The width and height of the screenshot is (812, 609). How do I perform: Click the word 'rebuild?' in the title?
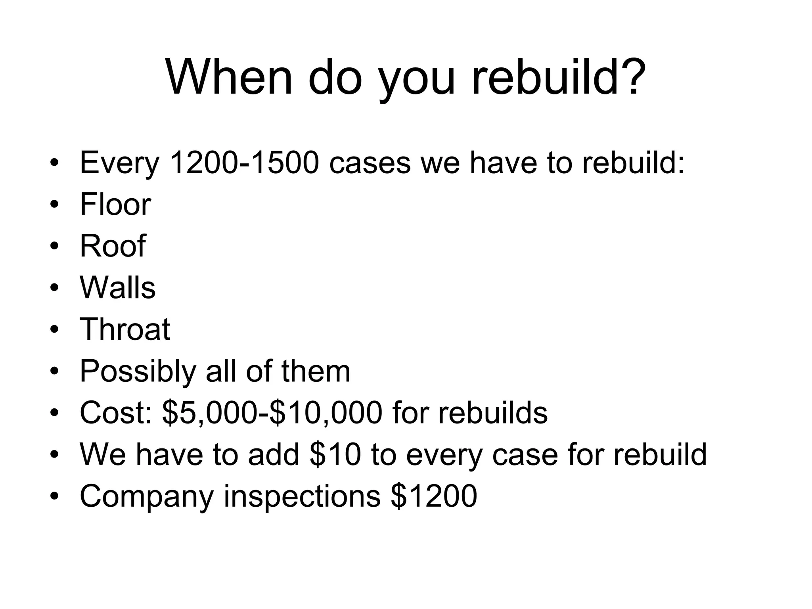click(559, 78)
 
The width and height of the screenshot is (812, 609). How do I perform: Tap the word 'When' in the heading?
click(229, 78)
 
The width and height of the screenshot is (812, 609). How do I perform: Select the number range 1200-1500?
click(244, 163)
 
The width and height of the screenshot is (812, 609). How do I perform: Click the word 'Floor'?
click(115, 205)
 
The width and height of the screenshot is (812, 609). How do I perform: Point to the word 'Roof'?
click(113, 246)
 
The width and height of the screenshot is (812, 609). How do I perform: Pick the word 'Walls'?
click(117, 287)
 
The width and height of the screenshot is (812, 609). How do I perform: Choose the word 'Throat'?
click(125, 329)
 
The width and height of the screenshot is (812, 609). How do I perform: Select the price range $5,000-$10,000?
click(272, 413)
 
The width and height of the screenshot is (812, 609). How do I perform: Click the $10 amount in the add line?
click(335, 454)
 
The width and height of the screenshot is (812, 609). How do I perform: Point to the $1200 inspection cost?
click(434, 496)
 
